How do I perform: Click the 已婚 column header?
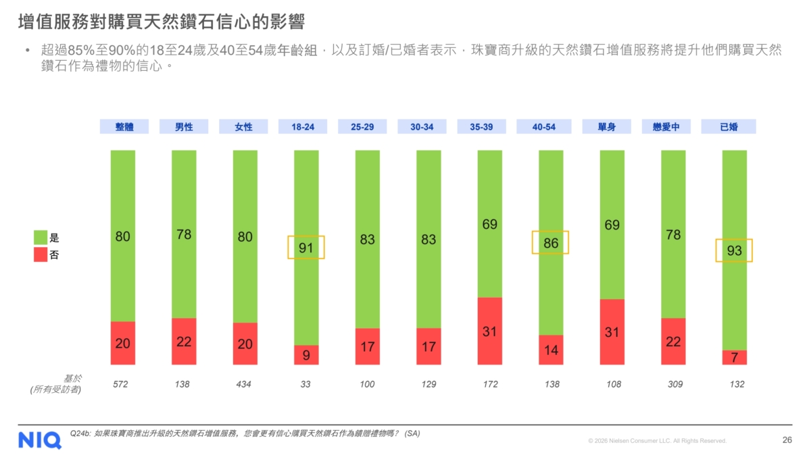728,126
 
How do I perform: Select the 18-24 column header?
302,126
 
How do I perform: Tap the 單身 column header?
606,126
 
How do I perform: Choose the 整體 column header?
124,126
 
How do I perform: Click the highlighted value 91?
306,247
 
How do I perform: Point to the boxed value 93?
734,250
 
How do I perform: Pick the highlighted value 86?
550,242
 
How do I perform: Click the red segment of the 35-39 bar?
489,331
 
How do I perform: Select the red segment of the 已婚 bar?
734,357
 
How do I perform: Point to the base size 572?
120,384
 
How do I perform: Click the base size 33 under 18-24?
305,384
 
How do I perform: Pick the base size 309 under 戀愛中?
673,384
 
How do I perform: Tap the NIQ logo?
39,439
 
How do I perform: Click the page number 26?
787,440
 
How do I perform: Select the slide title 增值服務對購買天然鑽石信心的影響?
161,22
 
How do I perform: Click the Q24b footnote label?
79,433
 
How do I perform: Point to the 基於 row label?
71,379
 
